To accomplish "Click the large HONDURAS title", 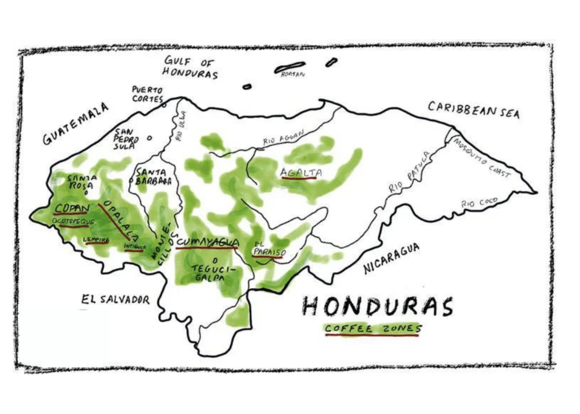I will [x=377, y=306].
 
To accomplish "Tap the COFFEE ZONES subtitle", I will [x=372, y=329].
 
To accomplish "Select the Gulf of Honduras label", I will [x=190, y=67].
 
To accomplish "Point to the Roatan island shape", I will [x=290, y=67].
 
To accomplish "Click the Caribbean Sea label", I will [x=473, y=110].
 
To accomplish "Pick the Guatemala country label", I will [x=76, y=124].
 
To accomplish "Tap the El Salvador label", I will [x=116, y=300].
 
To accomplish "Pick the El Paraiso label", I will [x=269, y=250].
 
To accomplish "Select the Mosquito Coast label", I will [x=481, y=159].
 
